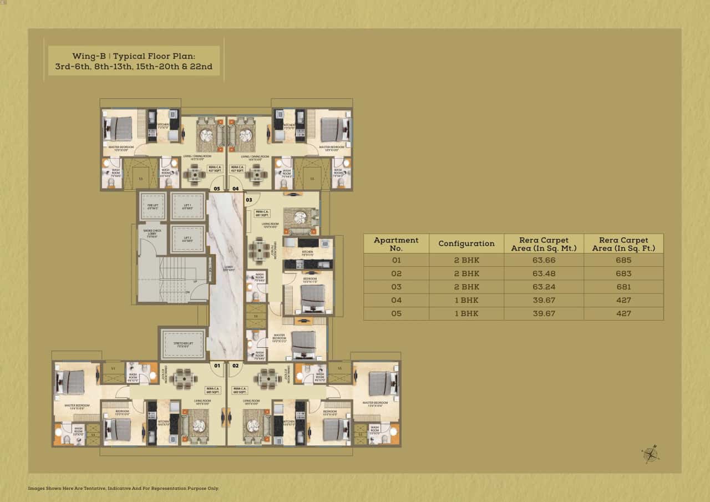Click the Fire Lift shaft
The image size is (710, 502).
point(151,206)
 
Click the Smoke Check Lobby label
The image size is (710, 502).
point(152,232)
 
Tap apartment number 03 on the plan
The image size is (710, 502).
point(249,200)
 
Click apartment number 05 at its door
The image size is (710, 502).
point(216,189)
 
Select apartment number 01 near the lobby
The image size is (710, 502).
point(217,366)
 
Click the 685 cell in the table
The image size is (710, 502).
point(623,260)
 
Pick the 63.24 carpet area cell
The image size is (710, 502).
point(544,287)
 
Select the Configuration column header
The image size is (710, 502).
point(466,244)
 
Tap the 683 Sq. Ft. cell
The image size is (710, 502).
point(623,273)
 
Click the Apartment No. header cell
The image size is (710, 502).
point(396,244)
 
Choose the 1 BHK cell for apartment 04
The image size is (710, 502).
point(466,300)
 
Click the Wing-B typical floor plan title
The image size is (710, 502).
point(134,61)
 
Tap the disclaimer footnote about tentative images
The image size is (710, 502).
point(123,488)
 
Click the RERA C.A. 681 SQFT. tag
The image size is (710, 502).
point(262,213)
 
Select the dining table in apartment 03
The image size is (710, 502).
point(258,250)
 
